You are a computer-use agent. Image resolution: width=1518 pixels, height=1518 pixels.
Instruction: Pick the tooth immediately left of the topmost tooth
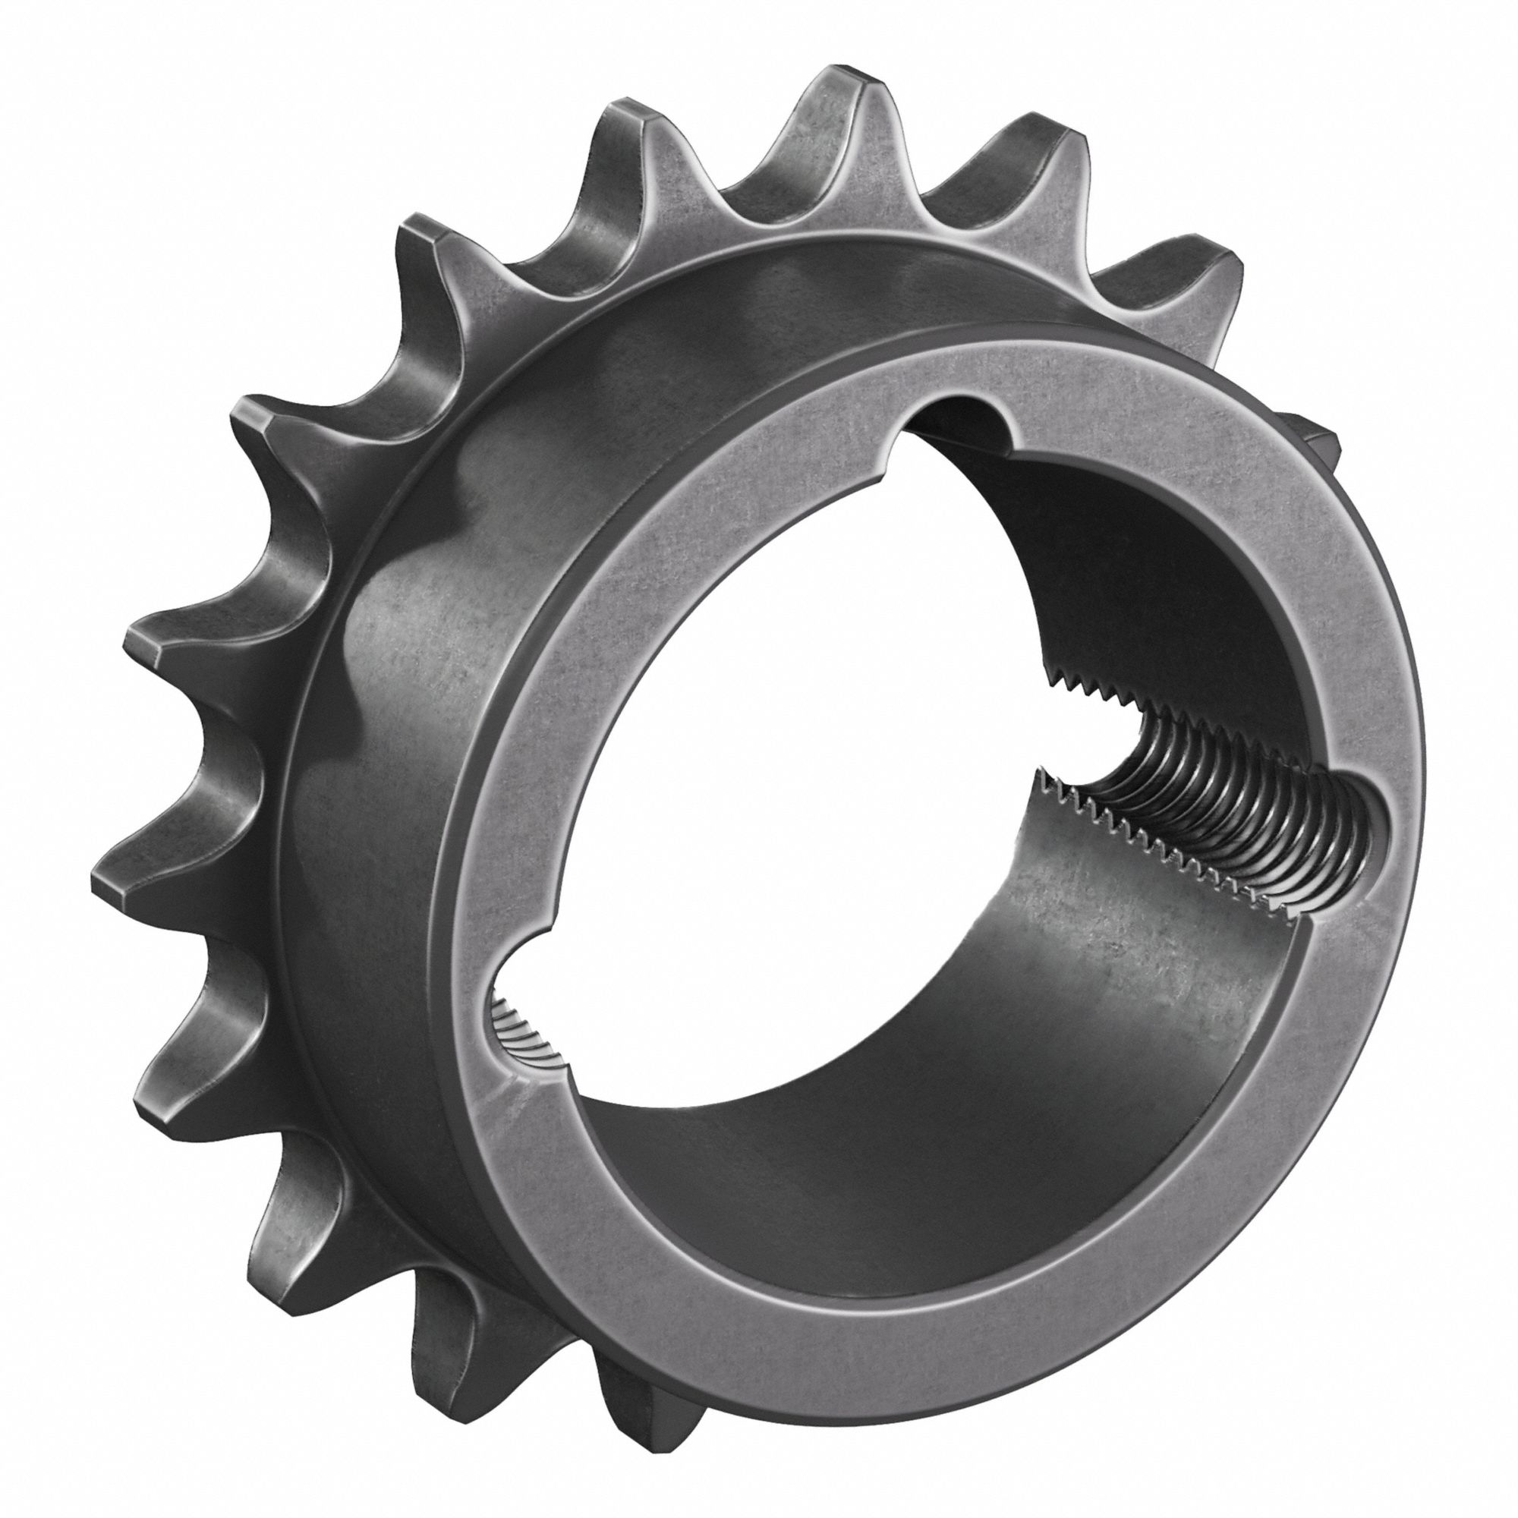tap(628, 118)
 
